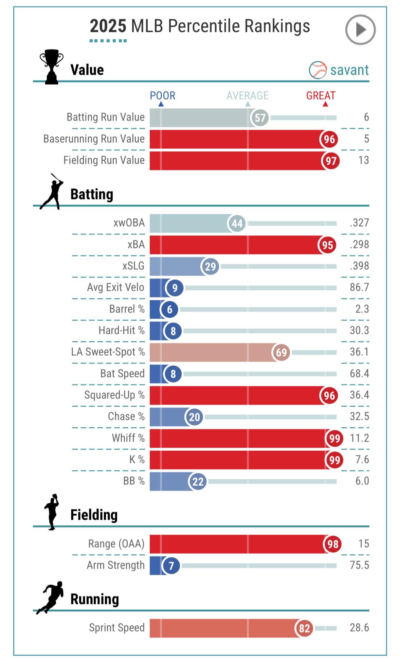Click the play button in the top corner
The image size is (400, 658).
[x=360, y=30]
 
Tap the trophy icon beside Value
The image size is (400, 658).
[x=52, y=67]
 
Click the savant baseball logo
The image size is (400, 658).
[x=317, y=70]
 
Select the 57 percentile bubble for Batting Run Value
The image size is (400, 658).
[x=260, y=118]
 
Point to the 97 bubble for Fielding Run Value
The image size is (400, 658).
[x=331, y=161]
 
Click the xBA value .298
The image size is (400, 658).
[x=359, y=245]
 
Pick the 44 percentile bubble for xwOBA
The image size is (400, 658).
[x=237, y=224]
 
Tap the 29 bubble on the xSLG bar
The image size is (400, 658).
[x=210, y=266]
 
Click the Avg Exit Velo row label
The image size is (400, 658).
[x=115, y=287]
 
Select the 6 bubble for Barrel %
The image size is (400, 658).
[x=169, y=309]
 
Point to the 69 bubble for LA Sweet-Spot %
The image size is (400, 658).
[x=281, y=352]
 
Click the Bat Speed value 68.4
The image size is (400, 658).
[x=359, y=373]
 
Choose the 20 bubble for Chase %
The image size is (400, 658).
[x=194, y=417]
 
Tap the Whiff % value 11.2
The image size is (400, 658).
[x=359, y=438]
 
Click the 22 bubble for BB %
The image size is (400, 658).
[x=198, y=481]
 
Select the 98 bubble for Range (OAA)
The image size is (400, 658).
[x=332, y=544]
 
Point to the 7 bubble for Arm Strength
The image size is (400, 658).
[x=171, y=566]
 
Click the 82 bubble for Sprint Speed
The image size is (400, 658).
[x=304, y=628]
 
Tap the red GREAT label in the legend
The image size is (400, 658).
[x=321, y=96]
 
